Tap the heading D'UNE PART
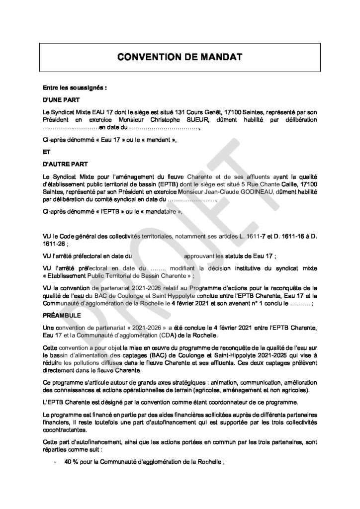(58, 99)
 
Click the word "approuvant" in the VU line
(200, 256)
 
